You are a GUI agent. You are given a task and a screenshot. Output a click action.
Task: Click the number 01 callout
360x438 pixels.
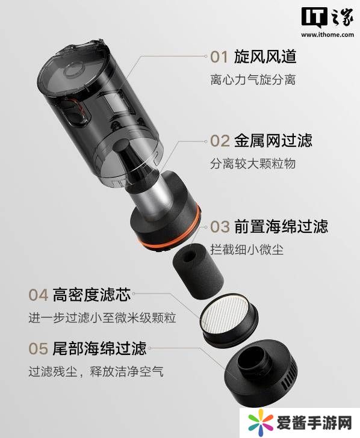[219, 57]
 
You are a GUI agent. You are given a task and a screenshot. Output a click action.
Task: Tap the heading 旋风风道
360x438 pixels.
[265, 57]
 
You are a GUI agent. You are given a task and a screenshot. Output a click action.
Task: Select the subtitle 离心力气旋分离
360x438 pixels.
[253, 79]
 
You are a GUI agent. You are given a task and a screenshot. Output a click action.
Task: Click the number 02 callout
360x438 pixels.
[220, 141]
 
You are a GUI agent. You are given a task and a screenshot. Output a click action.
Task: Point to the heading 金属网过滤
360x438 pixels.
[273, 140]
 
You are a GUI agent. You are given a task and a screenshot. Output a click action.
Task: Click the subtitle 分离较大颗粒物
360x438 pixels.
[253, 164]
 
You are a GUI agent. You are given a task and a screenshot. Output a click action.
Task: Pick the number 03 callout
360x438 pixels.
[220, 226]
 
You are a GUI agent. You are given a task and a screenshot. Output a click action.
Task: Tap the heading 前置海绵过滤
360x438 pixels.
[281, 226]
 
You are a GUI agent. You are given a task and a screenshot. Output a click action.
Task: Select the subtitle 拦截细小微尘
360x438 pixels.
[247, 249]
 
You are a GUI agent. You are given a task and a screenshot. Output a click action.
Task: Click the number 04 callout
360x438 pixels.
[39, 295]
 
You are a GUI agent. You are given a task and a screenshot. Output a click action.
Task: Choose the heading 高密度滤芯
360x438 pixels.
[92, 294]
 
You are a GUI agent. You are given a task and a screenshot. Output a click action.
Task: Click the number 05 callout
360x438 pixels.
[39, 348]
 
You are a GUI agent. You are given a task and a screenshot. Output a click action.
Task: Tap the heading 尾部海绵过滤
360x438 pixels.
[99, 348]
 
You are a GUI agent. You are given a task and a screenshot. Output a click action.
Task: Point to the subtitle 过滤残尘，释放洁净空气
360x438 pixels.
[96, 372]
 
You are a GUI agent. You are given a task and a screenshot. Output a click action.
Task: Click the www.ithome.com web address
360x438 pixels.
[327, 35]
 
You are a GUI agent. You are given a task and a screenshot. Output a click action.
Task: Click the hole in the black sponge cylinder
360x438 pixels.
[190, 255]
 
